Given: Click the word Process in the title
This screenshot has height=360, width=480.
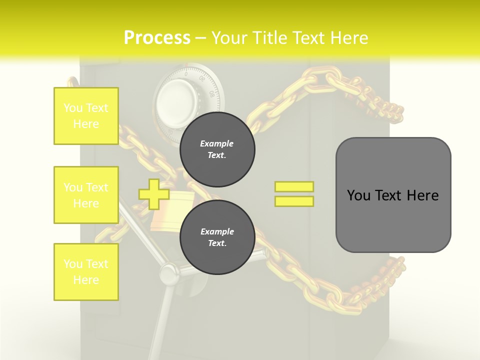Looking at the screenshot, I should click(157, 37).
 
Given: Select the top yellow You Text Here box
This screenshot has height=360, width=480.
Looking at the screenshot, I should click(86, 116).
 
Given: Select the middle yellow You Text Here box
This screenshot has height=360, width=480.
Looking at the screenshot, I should click(86, 195).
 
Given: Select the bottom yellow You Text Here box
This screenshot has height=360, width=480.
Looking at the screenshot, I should click(86, 272).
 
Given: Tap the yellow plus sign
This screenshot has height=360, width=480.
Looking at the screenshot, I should click(154, 194).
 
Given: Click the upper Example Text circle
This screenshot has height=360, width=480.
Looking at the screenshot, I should click(217, 149).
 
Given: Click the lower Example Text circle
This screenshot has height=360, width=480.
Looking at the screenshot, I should click(217, 237).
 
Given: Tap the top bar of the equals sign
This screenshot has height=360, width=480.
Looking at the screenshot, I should click(294, 186).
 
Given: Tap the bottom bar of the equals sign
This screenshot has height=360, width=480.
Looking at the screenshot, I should click(294, 201).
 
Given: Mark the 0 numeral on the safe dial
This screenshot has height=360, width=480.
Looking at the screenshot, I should click(186, 74).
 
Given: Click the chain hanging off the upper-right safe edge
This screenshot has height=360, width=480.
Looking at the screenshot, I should click(385, 107).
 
